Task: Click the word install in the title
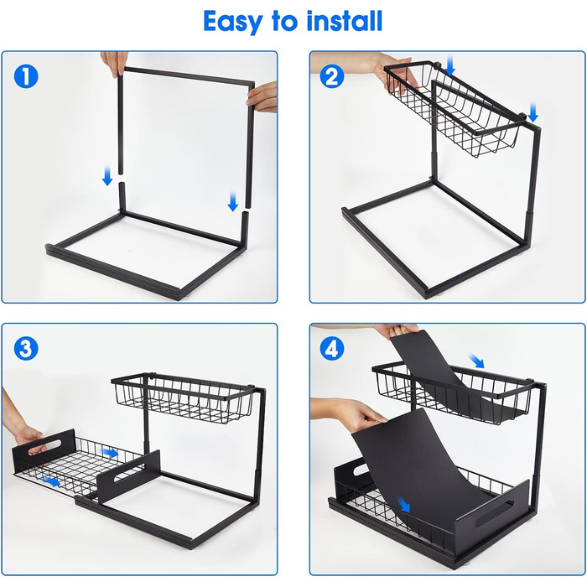click(x=345, y=21)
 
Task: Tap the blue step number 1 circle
click(x=26, y=76)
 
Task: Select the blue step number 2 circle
click(x=332, y=76)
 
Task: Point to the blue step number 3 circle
click(x=26, y=349)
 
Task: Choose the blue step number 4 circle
click(x=332, y=349)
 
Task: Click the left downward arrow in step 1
click(x=107, y=176)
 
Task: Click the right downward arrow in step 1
click(x=233, y=202)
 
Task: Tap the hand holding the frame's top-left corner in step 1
click(x=115, y=64)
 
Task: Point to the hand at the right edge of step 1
click(x=262, y=97)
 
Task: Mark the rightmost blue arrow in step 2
click(x=533, y=112)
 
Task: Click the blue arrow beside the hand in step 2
click(x=450, y=66)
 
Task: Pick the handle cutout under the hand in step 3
click(x=44, y=447)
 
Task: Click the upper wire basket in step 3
click(x=184, y=397)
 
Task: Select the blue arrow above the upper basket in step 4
click(x=476, y=361)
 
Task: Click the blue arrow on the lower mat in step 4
click(x=404, y=505)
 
